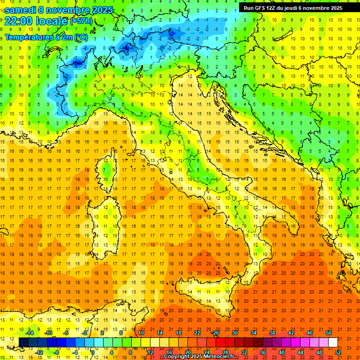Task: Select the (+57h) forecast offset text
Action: [x=81, y=21]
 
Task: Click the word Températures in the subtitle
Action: [x=29, y=37]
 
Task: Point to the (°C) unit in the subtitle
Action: [x=81, y=37]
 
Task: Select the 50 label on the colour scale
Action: [x=329, y=333]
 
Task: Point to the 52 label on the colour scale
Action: [x=338, y=352]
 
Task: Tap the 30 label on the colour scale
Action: [x=235, y=333]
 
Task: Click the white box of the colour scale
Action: [x=333, y=342]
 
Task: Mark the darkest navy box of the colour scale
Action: [x=23, y=342]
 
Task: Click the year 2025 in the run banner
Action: [x=335, y=8]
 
